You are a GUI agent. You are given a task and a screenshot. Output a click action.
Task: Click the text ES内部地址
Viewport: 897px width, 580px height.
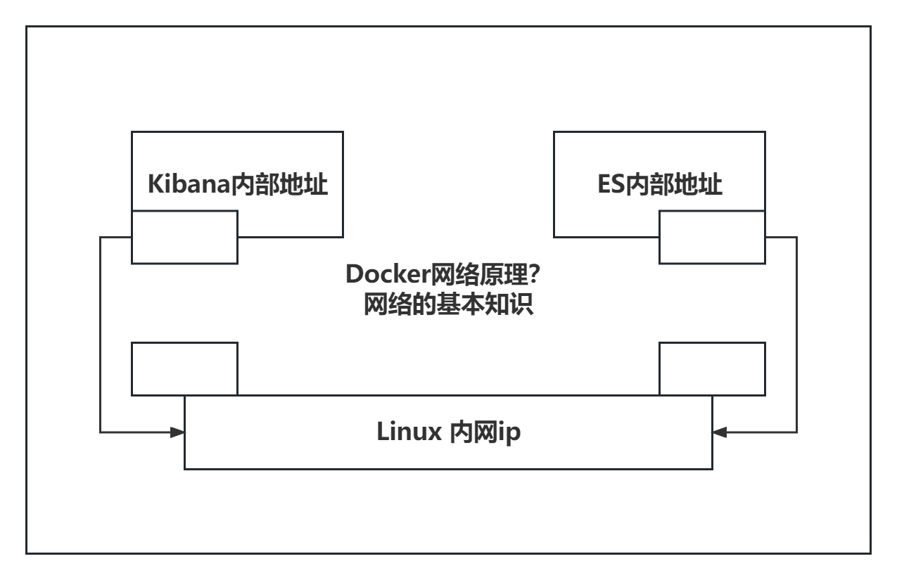[659, 185]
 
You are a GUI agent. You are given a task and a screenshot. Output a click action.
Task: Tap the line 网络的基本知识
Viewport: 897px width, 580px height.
[447, 305]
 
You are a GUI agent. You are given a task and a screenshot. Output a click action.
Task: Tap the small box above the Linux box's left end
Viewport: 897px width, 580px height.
[185, 368]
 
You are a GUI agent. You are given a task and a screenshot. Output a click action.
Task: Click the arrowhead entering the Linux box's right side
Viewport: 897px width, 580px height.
[719, 431]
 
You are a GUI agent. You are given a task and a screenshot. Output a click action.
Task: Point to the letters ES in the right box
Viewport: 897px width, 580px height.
[611, 185]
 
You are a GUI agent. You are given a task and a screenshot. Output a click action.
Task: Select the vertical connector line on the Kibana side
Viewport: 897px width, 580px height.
[101, 334]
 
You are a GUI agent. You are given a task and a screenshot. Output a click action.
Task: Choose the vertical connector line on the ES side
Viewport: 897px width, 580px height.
[796, 334]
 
